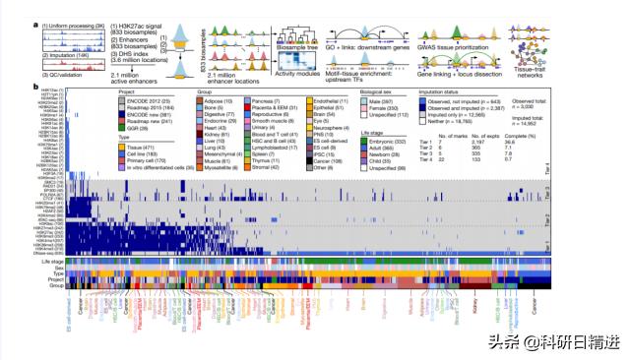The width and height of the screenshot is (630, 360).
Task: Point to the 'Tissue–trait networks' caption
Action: coord(527,69)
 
